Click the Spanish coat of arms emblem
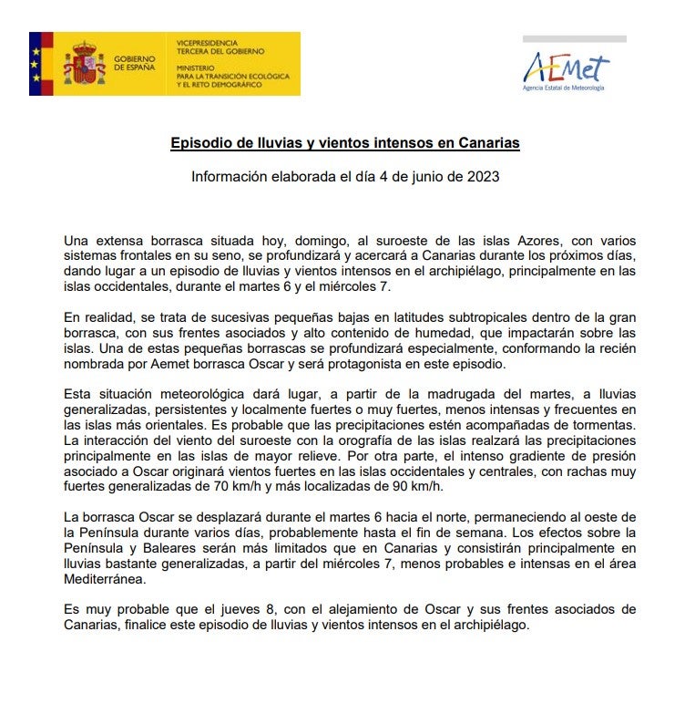tap(84, 64)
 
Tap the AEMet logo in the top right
tap(566, 69)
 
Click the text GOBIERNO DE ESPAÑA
tap(134, 64)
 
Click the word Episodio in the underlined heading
tap(199, 143)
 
